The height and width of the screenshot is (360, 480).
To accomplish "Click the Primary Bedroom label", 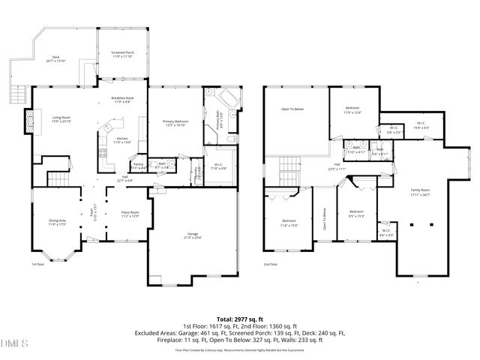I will coord(175,122).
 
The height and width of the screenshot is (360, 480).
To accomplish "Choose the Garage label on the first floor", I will coord(193,235).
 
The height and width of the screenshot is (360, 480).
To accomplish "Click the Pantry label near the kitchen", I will coord(138,165).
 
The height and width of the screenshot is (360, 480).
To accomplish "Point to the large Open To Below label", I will coord(292,109).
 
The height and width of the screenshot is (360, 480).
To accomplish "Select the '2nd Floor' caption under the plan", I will coord(271,265).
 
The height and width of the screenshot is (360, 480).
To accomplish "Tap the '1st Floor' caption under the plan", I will coord(37,265).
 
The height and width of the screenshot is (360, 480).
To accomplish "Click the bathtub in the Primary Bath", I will coord(226,100).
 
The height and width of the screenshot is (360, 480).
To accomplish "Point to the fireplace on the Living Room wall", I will coord(30,120).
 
